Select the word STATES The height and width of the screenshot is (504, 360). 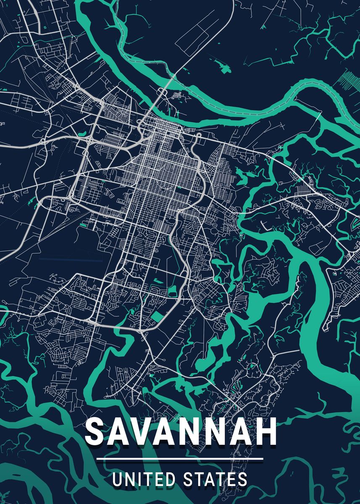pos(215,479)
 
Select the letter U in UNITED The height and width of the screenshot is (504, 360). pos(118,479)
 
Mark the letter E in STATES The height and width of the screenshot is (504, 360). pos(231,479)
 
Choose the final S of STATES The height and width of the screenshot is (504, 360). pos(242,479)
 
